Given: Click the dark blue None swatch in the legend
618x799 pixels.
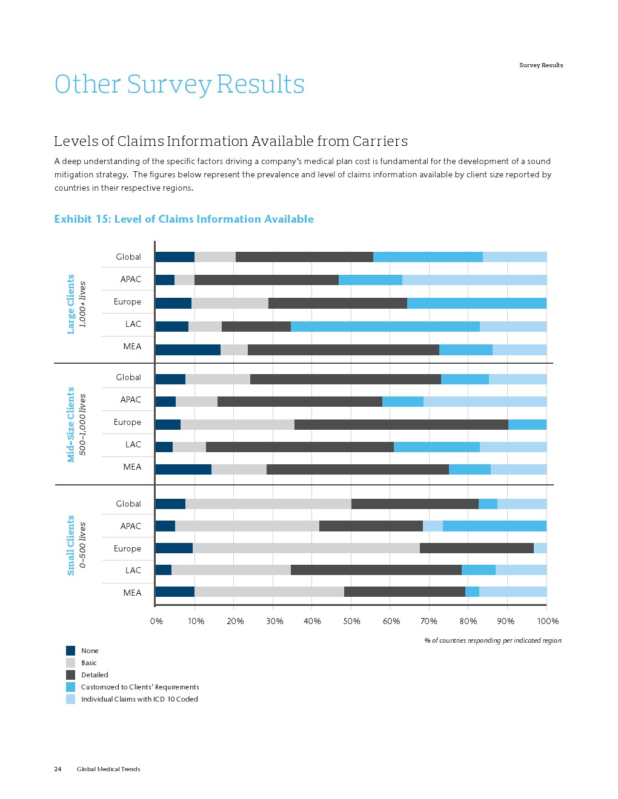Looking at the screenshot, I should click(70, 651).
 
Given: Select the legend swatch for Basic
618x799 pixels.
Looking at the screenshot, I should click(70, 663).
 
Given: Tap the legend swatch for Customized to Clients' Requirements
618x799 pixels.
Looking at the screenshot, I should click(70, 687).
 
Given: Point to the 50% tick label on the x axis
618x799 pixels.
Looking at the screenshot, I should click(351, 621).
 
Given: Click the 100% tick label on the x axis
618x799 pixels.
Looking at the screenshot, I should click(548, 621).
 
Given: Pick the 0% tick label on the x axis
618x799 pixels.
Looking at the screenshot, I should click(156, 621).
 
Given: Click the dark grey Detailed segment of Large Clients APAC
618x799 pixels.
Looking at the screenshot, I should click(266, 280).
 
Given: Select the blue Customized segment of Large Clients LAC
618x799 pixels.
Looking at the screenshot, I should click(385, 326).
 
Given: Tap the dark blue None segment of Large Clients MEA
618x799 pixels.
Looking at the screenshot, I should click(188, 349).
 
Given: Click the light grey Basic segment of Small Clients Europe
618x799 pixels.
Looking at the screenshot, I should click(306, 548).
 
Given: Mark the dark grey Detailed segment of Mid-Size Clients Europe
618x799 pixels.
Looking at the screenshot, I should click(401, 424).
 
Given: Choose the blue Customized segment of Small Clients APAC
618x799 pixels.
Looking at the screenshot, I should click(494, 526).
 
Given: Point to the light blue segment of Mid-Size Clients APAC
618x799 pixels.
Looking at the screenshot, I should click(485, 401).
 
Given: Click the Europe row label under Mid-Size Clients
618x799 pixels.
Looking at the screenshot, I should click(127, 422).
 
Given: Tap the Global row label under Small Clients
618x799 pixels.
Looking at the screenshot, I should click(128, 504).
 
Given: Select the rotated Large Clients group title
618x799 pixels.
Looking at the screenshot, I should click(71, 304).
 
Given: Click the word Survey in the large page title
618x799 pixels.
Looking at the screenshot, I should click(169, 84).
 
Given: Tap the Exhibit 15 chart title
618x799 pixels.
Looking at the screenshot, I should click(184, 219).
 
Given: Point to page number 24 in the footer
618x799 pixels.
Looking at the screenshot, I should click(58, 769).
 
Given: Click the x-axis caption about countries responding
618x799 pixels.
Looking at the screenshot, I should click(493, 640).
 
